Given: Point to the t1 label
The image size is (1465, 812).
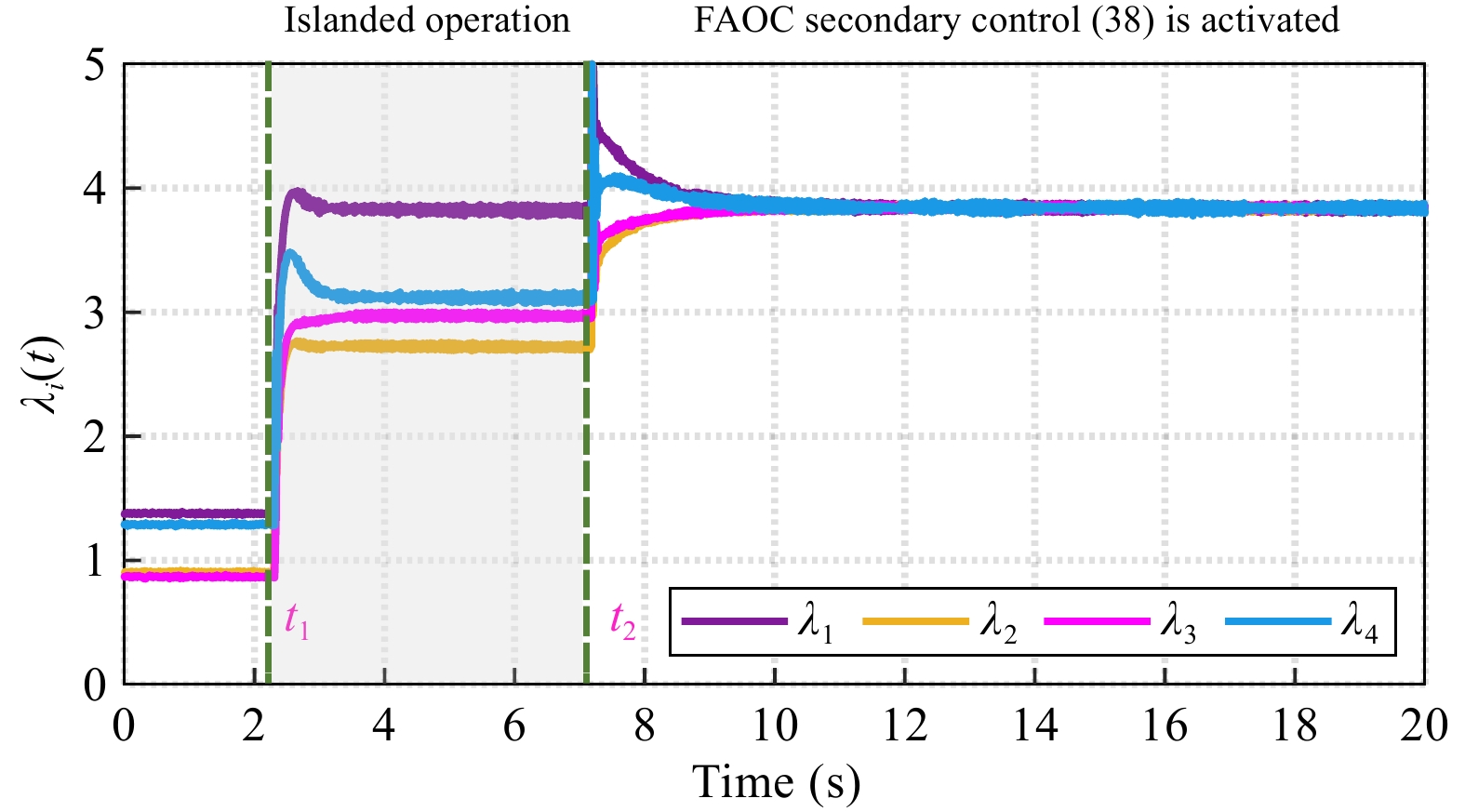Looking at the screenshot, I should point(297,619).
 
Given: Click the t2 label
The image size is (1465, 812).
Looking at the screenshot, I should point(622,620).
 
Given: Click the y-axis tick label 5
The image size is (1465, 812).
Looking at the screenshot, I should point(95,65).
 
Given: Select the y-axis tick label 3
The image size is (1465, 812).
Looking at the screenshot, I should point(95,313).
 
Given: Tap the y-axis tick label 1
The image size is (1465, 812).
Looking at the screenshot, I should point(95,562).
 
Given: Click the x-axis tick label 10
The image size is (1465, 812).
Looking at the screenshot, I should point(774,725).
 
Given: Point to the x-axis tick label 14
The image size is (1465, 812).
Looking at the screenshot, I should point(1034,725).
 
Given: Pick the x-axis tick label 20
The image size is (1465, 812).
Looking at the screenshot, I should point(1423,725).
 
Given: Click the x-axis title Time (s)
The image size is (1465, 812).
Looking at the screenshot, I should point(776,782).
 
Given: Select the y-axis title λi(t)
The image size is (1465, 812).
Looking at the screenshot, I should point(43,374).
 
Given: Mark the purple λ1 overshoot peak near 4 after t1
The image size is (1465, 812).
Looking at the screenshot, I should point(297,194).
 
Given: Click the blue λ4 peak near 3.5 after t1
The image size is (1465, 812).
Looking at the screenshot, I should point(291,253).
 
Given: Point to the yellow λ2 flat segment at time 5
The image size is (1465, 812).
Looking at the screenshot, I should point(449,347).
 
